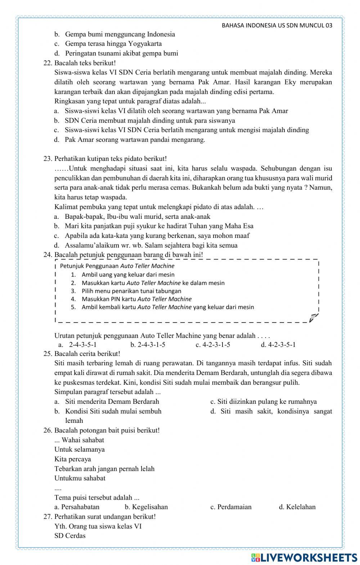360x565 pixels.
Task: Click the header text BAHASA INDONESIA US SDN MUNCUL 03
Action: click(x=277, y=26)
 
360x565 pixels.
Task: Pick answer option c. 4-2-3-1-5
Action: click(x=213, y=345)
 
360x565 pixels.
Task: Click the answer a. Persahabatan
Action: click(x=77, y=507)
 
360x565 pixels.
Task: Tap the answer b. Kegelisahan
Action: click(x=146, y=507)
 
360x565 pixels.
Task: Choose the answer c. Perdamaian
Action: click(x=231, y=507)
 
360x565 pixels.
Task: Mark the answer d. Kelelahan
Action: click(x=297, y=507)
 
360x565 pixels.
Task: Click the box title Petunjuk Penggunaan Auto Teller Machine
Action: click(x=117, y=266)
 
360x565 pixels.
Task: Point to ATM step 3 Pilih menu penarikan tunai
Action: click(x=131, y=291)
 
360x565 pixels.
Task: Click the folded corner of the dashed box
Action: click(x=314, y=317)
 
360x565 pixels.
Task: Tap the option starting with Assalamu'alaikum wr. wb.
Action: click(x=151, y=245)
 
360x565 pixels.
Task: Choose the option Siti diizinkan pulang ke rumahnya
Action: click(x=263, y=402)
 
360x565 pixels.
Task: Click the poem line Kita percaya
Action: click(x=73, y=459)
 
